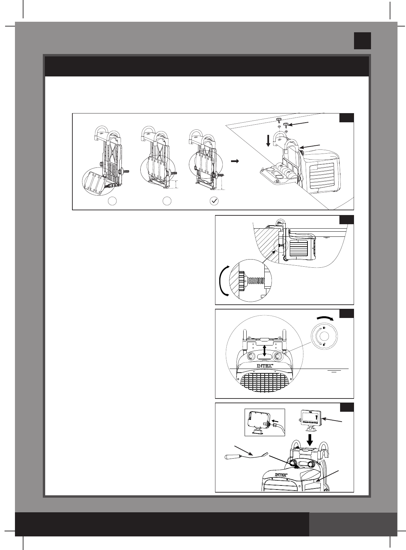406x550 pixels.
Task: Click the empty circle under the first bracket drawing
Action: click(x=112, y=201)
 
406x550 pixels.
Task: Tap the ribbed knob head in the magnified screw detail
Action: click(x=242, y=281)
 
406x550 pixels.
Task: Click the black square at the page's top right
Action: click(x=361, y=41)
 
